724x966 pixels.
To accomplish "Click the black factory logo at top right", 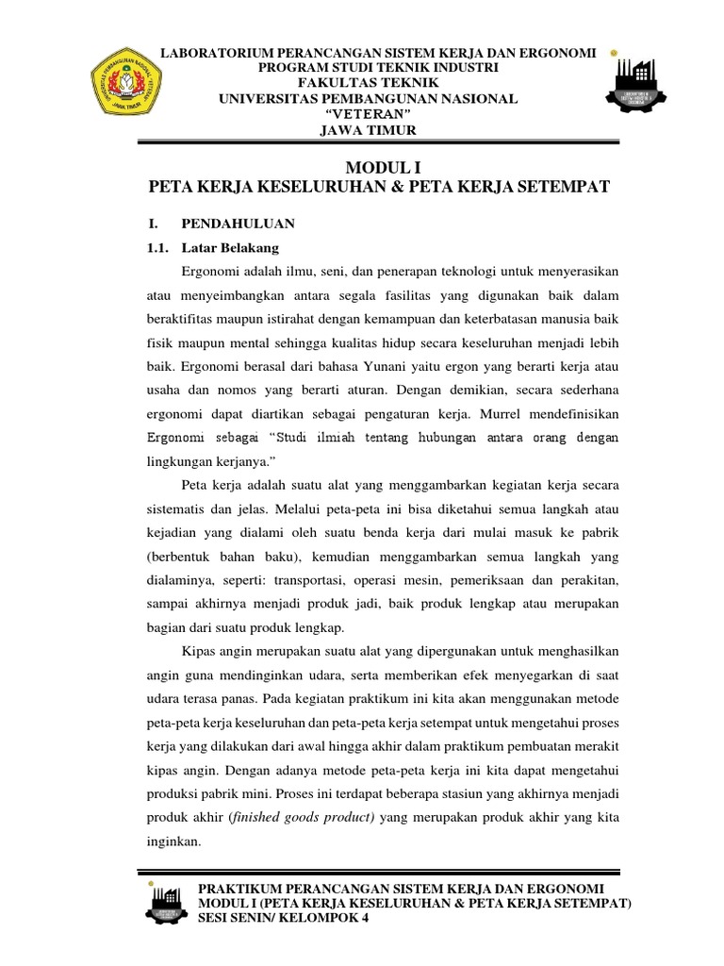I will [648, 92].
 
